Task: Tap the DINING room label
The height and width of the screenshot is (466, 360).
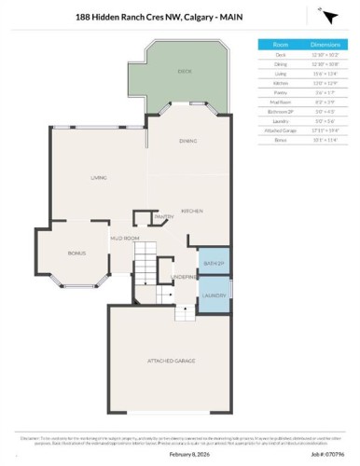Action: (x=186, y=140)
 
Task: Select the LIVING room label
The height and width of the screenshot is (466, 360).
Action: (x=98, y=177)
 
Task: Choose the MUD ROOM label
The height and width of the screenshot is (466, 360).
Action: (x=125, y=239)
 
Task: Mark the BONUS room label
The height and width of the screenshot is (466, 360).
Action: (x=76, y=253)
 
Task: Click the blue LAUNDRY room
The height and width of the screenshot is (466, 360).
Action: (x=214, y=295)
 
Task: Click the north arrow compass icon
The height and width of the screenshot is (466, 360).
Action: (x=328, y=16)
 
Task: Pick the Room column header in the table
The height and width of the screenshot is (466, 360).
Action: (x=280, y=44)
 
